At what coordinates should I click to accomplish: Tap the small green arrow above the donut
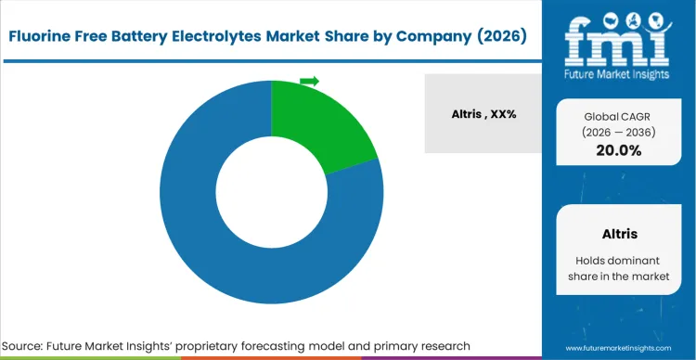(x=309, y=82)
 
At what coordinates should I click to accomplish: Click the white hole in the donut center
(x=271, y=192)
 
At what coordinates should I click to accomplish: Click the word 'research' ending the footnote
(x=441, y=345)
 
